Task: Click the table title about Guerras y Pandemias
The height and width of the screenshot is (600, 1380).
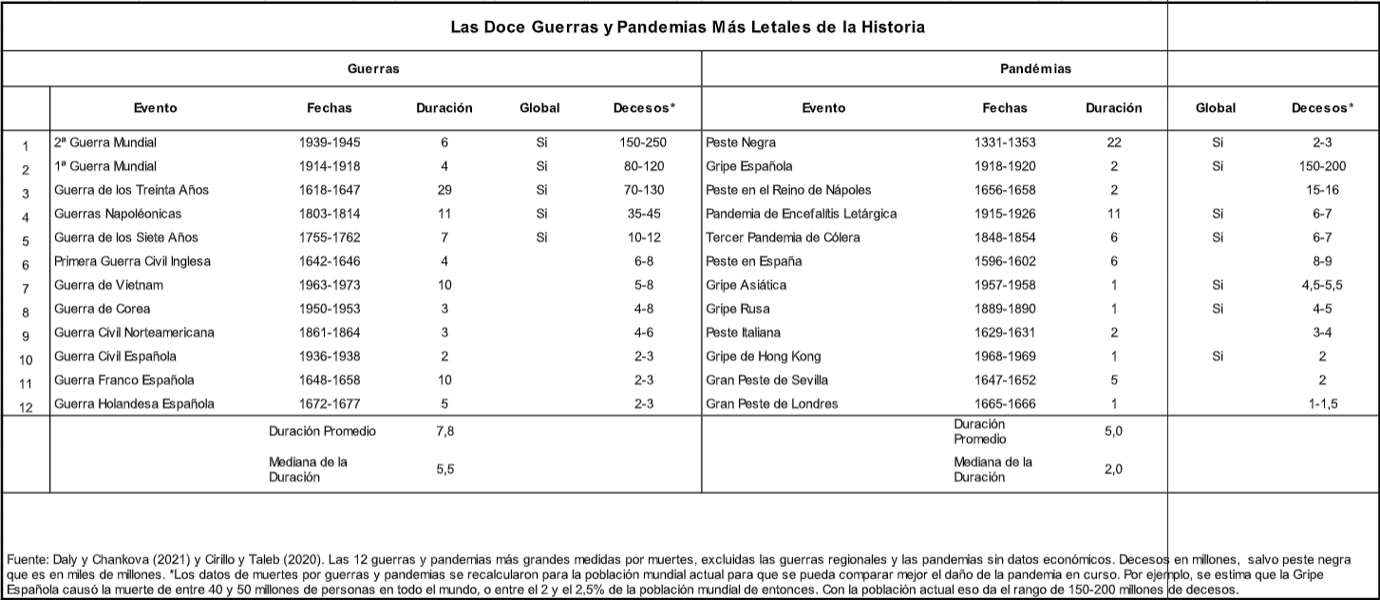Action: pyautogui.click(x=688, y=28)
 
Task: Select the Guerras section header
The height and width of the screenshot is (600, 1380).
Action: pyautogui.click(x=372, y=69)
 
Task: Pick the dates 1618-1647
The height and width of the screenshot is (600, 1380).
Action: pyautogui.click(x=329, y=190)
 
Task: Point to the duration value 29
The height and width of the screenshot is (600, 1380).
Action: pyautogui.click(x=444, y=190)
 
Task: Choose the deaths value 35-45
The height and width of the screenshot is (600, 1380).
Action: pyautogui.click(x=644, y=214)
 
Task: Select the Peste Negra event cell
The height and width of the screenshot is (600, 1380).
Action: pyautogui.click(x=741, y=142)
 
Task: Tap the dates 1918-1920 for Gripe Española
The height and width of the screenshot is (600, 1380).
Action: pyautogui.click(x=1005, y=166)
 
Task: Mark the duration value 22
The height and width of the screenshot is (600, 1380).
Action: pyautogui.click(x=1114, y=142)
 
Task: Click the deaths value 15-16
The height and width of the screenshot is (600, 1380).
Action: pyautogui.click(x=1321, y=190)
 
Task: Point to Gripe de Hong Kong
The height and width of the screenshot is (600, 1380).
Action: pyautogui.click(x=764, y=356)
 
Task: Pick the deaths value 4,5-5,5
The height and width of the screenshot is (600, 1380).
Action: pyautogui.click(x=1321, y=285)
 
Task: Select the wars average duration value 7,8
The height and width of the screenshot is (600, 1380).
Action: pyautogui.click(x=444, y=431)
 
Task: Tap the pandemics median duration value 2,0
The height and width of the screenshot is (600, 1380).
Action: pyautogui.click(x=1114, y=469)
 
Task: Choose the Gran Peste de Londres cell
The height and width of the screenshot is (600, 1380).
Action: pyautogui.click(x=772, y=403)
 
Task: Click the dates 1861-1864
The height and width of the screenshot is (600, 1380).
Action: pyautogui.click(x=329, y=332)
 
